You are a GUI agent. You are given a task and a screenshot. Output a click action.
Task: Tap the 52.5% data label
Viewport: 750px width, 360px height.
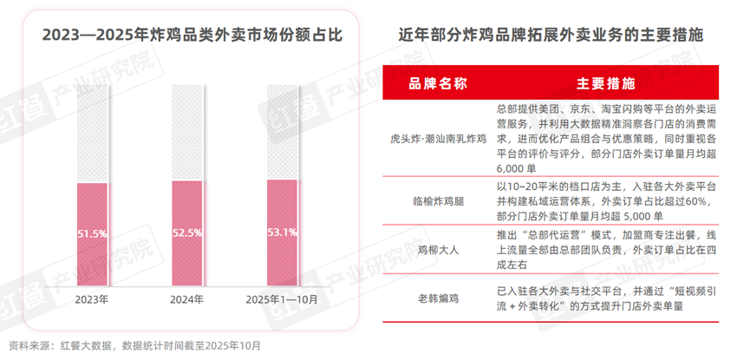(x=187, y=232)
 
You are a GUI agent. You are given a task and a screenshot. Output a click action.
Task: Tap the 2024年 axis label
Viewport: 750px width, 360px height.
(x=187, y=299)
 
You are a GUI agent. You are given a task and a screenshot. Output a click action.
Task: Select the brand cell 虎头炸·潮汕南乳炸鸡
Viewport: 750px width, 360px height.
(x=438, y=138)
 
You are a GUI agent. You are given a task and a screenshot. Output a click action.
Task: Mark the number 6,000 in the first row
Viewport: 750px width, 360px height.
(x=511, y=167)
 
